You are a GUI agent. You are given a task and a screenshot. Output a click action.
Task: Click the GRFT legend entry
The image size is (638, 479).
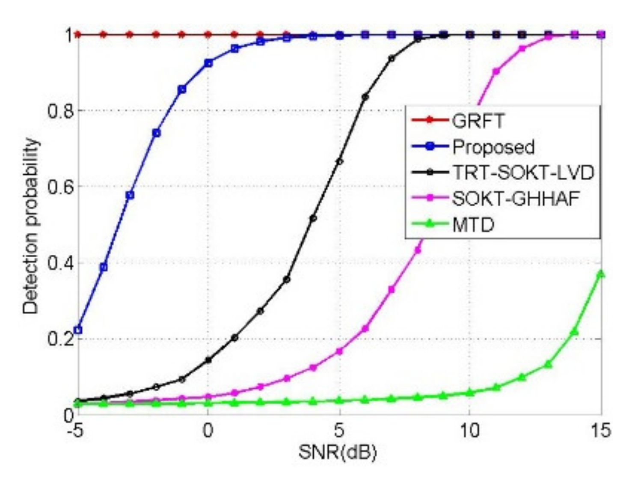click(478, 121)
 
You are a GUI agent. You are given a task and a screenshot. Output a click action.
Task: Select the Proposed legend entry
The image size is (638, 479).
click(493, 147)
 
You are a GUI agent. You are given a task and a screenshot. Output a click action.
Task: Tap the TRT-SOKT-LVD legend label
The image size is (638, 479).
click(523, 173)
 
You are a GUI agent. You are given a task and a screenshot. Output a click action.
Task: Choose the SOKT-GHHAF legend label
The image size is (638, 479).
click(516, 198)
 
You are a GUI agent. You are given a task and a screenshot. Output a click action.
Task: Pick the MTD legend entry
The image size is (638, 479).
click(473, 224)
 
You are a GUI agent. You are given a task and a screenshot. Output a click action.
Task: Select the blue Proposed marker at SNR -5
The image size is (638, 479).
click(78, 330)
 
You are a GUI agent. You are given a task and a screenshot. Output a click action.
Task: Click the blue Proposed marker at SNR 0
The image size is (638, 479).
click(208, 63)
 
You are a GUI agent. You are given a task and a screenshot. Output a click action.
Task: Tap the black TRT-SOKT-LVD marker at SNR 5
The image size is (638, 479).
click(339, 161)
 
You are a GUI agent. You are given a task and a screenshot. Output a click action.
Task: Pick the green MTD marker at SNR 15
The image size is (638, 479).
click(601, 274)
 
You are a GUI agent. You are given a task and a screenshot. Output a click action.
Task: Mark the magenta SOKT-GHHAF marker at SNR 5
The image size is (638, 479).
click(339, 351)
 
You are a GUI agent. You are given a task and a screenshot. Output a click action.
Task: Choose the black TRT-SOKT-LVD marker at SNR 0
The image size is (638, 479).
click(208, 360)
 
